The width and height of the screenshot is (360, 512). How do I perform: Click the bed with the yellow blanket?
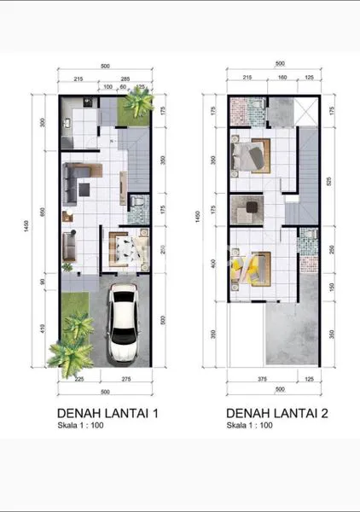click(x=250, y=267)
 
